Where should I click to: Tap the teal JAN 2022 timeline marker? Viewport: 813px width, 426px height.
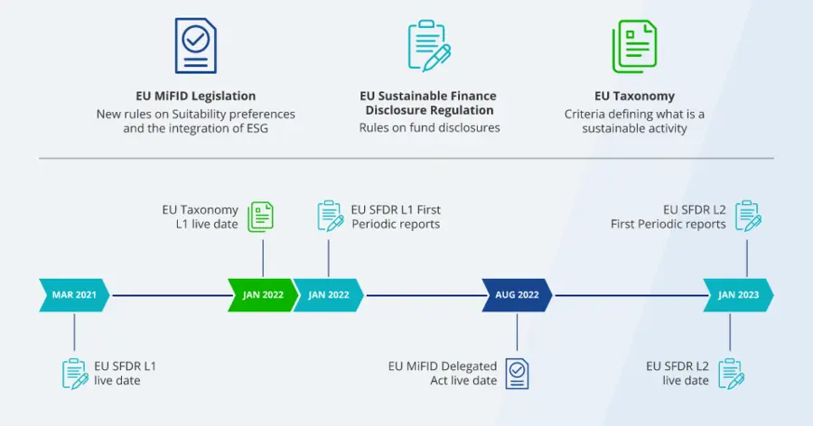click(x=328, y=295)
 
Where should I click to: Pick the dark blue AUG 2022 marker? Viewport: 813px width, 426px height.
click(x=517, y=295)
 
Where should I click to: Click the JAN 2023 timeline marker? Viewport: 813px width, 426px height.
click(x=738, y=295)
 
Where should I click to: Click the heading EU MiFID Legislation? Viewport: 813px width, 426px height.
click(x=195, y=96)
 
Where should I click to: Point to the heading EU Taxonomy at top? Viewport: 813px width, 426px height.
click(x=634, y=96)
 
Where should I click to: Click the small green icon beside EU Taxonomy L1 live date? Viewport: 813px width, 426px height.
click(x=261, y=216)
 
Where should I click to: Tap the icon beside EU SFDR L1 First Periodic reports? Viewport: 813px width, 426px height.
click(x=330, y=216)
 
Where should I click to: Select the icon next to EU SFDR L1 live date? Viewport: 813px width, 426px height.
click(x=75, y=373)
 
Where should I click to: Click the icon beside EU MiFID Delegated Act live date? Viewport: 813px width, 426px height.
click(x=517, y=373)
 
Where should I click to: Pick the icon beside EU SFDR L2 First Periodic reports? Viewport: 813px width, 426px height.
click(x=747, y=216)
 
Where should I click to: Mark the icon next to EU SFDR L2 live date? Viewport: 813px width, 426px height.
click(x=730, y=373)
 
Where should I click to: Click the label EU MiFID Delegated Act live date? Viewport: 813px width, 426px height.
click(x=443, y=373)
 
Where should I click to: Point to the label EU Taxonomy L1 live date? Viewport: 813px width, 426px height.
click(x=200, y=217)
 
